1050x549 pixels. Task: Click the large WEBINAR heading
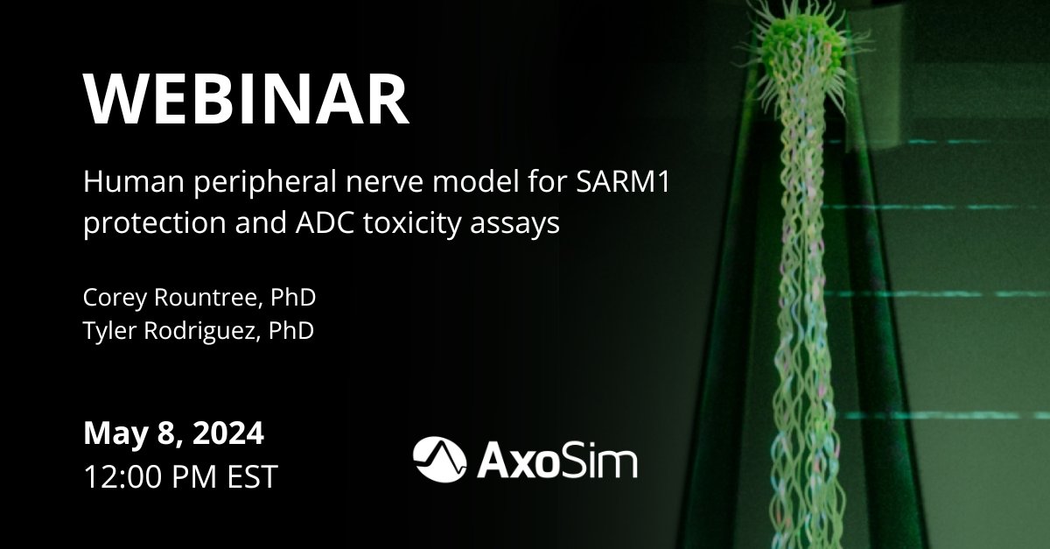[246, 99]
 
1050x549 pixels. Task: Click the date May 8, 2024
[173, 433]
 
